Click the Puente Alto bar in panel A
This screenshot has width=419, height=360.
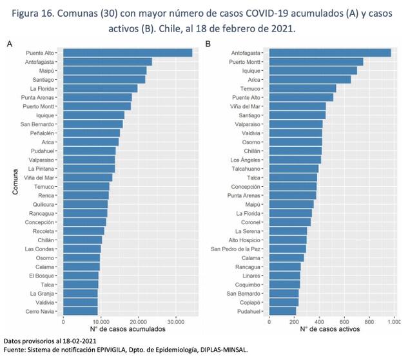pyautogui.click(x=127, y=52)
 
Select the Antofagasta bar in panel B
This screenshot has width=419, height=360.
pyautogui.click(x=329, y=52)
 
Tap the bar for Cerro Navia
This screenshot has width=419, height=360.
pyautogui.click(x=81, y=311)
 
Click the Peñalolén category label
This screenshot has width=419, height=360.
pyautogui.click(x=43, y=133)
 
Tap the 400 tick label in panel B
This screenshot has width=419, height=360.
pyautogui.click(x=319, y=321)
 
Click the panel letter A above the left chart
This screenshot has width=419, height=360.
pyautogui.click(x=10, y=43)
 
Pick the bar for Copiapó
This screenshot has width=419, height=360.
pyautogui.click(x=284, y=301)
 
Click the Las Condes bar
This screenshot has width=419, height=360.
pyautogui.click(x=82, y=248)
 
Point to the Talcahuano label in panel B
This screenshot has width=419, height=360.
pyautogui.click(x=246, y=168)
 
